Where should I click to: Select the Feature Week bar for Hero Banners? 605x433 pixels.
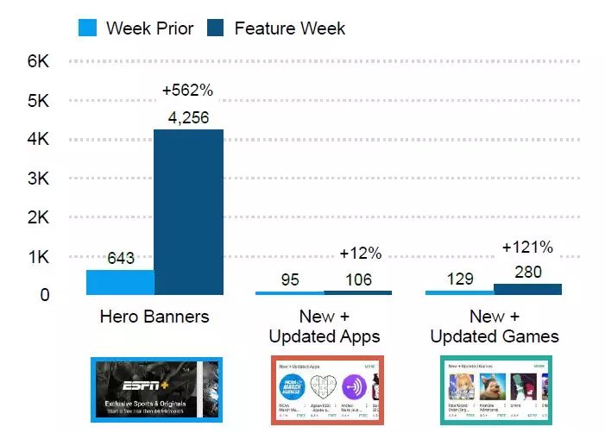pos(188,211)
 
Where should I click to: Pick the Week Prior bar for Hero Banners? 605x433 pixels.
pos(120,282)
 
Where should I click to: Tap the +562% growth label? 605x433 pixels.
pos(187,91)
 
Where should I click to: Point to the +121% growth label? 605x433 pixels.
pos(527,248)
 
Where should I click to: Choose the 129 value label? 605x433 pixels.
pos(460,279)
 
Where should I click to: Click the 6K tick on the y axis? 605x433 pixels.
pos(39,62)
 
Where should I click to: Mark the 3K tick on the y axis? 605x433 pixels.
pos(39,179)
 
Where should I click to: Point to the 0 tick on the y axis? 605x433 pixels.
pos(45,295)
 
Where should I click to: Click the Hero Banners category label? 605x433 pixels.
pos(154,317)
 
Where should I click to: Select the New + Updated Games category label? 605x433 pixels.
pos(495,326)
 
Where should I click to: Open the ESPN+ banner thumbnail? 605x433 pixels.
pos(156,390)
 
